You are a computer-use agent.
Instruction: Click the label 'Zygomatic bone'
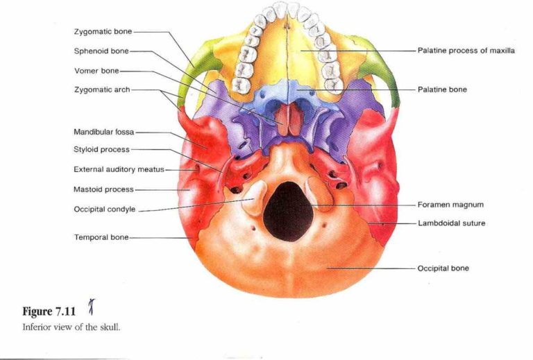103,32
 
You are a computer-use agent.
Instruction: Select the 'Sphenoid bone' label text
101,51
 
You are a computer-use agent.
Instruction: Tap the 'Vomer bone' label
96,71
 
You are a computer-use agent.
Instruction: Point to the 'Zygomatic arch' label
102,90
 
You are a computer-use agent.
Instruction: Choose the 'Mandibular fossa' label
103,132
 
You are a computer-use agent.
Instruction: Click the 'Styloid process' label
101,149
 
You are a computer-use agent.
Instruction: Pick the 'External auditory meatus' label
119,169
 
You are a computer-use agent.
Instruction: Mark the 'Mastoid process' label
103,189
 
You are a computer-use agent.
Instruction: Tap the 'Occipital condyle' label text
105,209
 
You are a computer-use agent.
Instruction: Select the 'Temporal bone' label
101,237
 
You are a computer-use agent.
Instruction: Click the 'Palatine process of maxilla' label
466,51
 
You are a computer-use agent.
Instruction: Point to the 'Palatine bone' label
442,89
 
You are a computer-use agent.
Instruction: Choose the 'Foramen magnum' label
450,205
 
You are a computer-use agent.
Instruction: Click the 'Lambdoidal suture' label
451,223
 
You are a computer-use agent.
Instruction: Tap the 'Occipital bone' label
443,268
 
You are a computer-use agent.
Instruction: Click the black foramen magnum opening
288,212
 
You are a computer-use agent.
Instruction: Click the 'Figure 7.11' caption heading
49,311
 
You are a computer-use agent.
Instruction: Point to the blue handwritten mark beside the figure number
92,307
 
